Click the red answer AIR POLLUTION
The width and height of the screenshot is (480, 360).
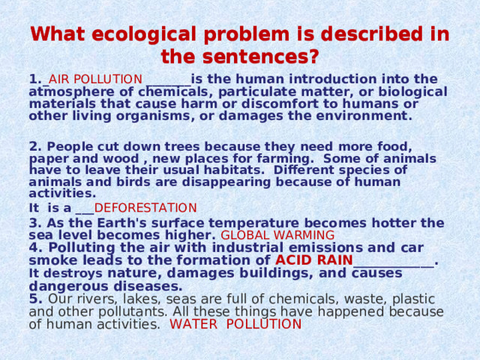[95, 79]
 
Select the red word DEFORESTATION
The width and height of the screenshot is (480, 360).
[145, 208]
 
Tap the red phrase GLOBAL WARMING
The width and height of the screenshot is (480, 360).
[277, 235]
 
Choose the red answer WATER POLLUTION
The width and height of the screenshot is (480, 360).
[235, 324]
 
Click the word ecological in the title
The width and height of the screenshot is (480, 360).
[151, 34]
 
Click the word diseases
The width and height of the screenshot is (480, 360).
[144, 286]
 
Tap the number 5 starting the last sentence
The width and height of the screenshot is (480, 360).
[34, 298]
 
